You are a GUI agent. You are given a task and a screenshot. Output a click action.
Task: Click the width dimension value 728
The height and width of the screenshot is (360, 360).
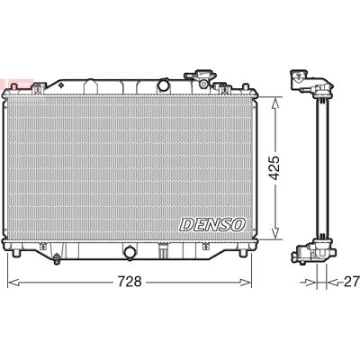pyautogui.click(x=130, y=282)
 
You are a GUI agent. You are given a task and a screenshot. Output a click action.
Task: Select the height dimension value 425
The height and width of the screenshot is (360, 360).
pyautogui.click(x=274, y=167)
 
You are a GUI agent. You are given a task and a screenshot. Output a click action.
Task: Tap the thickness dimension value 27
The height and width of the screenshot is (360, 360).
pyautogui.click(x=352, y=282)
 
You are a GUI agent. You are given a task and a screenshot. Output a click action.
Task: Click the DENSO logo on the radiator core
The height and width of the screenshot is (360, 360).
pyautogui.click(x=212, y=224)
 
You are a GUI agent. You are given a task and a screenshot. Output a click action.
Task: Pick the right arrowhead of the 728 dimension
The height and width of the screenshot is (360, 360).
pyautogui.click(x=246, y=283)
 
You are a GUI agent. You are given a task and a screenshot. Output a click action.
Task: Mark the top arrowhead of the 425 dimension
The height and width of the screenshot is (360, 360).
pyautogui.click(x=275, y=103)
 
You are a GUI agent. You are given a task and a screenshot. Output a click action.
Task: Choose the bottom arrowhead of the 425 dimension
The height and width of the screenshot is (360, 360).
pyautogui.click(x=275, y=233)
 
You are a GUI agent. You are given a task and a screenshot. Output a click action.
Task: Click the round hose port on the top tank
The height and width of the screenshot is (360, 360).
pyautogui.click(x=164, y=85)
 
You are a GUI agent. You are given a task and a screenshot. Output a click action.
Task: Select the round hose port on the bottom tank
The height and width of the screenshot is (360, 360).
pyautogui.click(x=130, y=252)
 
